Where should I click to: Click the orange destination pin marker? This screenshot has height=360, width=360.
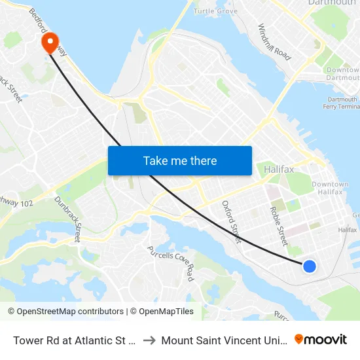[x=50, y=43]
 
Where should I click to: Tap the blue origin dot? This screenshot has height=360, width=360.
[x=310, y=266]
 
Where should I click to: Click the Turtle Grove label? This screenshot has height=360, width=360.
[x=215, y=11]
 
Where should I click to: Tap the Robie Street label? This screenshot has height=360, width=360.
[x=279, y=226]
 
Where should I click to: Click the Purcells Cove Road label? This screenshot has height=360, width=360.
[x=171, y=262]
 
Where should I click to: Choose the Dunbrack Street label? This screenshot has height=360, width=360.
[x=67, y=219]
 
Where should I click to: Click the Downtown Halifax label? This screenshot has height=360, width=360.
[x=327, y=188]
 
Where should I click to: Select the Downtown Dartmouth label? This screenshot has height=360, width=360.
[x=342, y=74]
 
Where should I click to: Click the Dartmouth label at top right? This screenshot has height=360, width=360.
[x=332, y=3]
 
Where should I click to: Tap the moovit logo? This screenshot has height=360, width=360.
[x=321, y=339]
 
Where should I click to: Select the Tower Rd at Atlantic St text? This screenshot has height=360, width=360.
[x=73, y=340]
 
